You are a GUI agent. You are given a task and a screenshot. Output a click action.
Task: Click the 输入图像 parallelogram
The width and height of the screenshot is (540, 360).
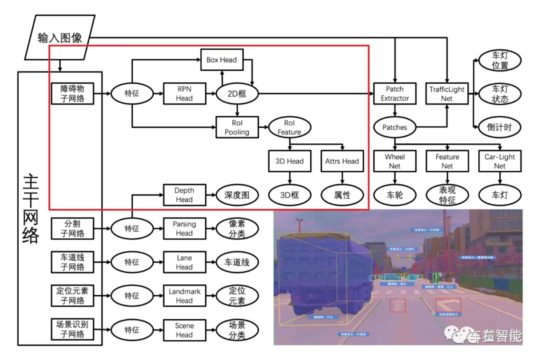pos(59,37)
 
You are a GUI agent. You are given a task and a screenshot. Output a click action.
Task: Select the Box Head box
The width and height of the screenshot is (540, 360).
pos(221,59)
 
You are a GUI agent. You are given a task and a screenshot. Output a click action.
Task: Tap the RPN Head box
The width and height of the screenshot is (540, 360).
pos(184,93)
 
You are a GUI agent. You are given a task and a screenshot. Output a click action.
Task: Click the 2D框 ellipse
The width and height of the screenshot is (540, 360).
pos(237,93)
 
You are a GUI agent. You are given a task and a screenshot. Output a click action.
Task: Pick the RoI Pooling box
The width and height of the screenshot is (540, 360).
pos(237,127)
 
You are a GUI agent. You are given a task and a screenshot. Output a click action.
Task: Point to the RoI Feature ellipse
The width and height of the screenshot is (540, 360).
pos(289,127)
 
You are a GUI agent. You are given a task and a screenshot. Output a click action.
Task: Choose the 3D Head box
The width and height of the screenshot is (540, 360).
pos(289,161)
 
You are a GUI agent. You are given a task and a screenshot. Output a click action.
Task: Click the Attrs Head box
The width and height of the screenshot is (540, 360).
pos(342,161)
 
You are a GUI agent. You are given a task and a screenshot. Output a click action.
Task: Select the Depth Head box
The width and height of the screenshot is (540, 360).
pos(184,194)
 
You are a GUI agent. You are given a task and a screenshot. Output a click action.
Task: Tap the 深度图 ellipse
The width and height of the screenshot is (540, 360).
pos(237,195)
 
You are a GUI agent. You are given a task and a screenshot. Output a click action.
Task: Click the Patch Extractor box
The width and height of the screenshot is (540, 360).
pos(394,93)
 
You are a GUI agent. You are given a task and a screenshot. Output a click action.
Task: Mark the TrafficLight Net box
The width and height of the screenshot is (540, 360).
pos(446,93)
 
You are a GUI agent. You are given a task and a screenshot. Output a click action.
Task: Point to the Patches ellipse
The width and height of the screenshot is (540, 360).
pos(394,127)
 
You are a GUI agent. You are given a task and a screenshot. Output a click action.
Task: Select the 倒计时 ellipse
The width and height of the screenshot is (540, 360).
pos(499,127)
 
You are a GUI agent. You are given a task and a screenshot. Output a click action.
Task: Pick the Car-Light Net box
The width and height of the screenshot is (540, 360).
pos(499,161)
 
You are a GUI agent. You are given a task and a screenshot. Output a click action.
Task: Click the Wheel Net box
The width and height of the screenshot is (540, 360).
pos(394,161)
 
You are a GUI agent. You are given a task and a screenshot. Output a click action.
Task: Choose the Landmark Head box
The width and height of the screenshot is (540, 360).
pos(184,296)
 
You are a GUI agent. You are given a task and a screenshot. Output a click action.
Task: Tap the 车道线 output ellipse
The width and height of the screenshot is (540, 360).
pos(237,262)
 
